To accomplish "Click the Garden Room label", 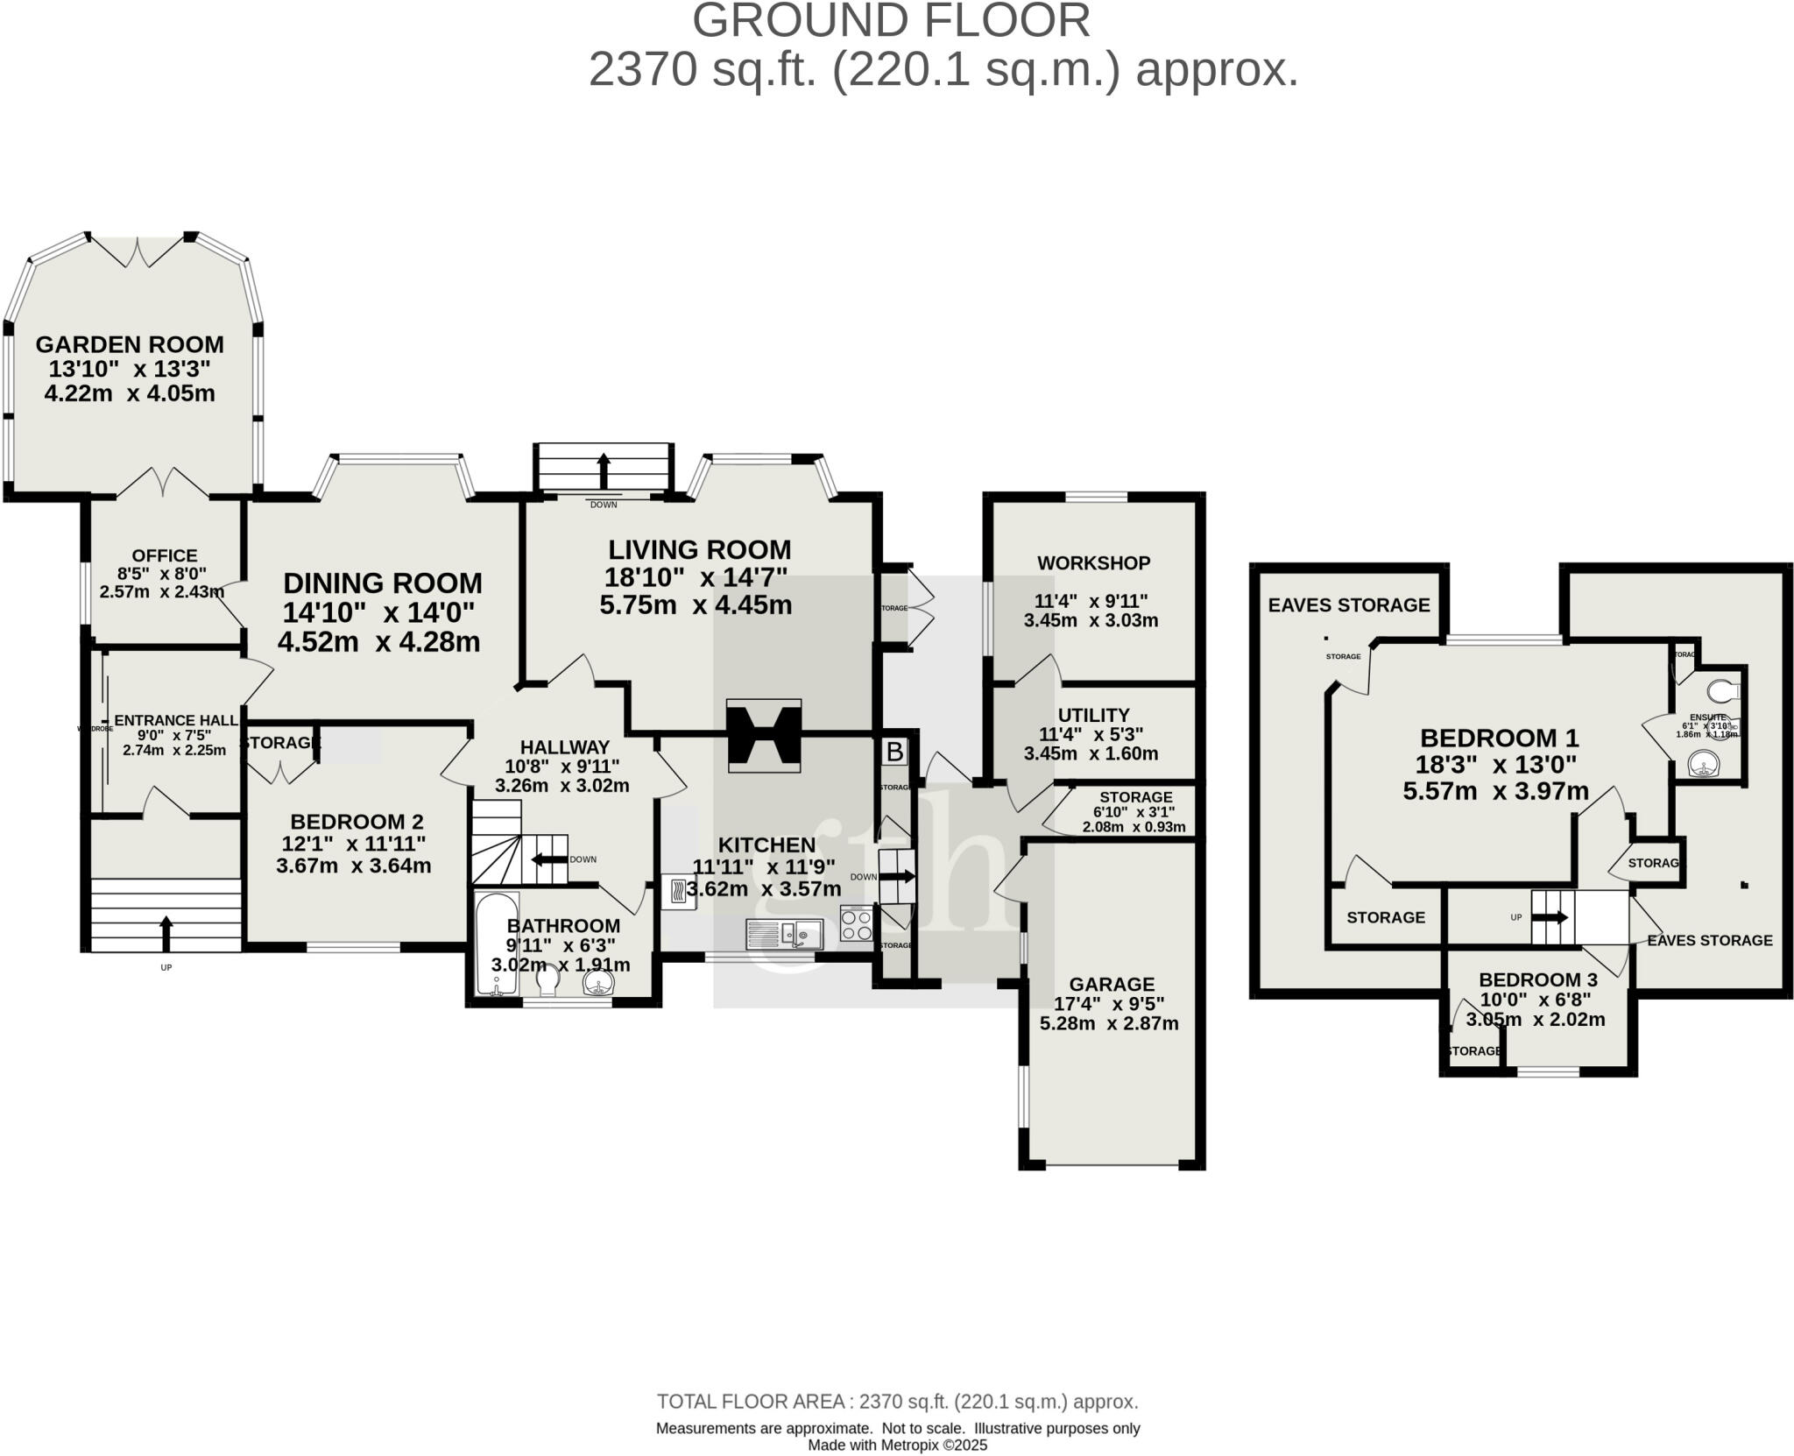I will pyautogui.click(x=130, y=344).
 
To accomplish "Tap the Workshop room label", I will pyautogui.click(x=1093, y=563).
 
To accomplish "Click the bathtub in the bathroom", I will pyautogui.click(x=497, y=944).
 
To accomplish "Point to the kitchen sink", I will pyautogui.click(x=785, y=934).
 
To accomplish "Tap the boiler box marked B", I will pyautogui.click(x=894, y=752).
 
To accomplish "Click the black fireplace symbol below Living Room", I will pyautogui.click(x=764, y=735).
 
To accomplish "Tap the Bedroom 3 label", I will pyautogui.click(x=1538, y=979).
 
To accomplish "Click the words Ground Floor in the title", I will pyautogui.click(x=891, y=21).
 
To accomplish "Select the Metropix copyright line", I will pyautogui.click(x=897, y=1445).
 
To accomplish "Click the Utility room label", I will pyautogui.click(x=1093, y=715).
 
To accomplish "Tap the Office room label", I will pyautogui.click(x=165, y=555).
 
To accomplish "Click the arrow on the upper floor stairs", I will pyautogui.click(x=1550, y=917).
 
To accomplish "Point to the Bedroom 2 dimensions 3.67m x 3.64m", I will pyautogui.click(x=354, y=866).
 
